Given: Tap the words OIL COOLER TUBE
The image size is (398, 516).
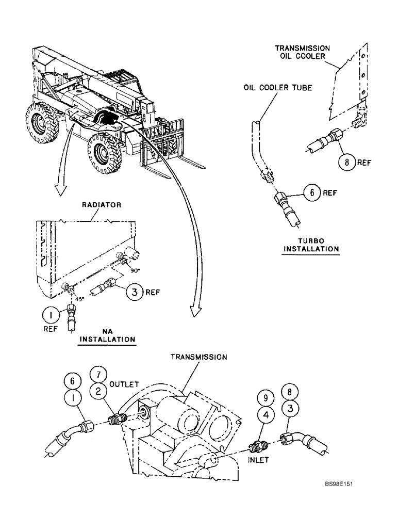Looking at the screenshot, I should pyautogui.click(x=277, y=88).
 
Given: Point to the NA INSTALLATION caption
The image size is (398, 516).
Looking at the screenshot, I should pyautogui.click(x=107, y=335).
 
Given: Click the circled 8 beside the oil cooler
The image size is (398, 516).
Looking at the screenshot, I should pyautogui.click(x=347, y=163).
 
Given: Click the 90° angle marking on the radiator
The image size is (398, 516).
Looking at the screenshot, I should pyautogui.click(x=135, y=269).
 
